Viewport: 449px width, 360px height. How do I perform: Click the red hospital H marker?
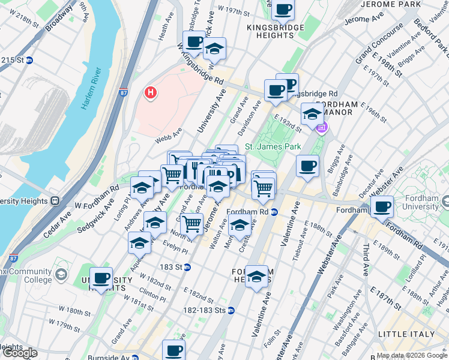(x=151, y=93)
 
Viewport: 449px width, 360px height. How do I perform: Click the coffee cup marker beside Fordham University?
(x=382, y=208)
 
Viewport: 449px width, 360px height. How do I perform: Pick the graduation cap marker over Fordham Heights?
(x=256, y=277)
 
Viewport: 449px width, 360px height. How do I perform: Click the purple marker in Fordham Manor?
(x=322, y=127)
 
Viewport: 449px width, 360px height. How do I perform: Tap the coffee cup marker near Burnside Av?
(x=174, y=350)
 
